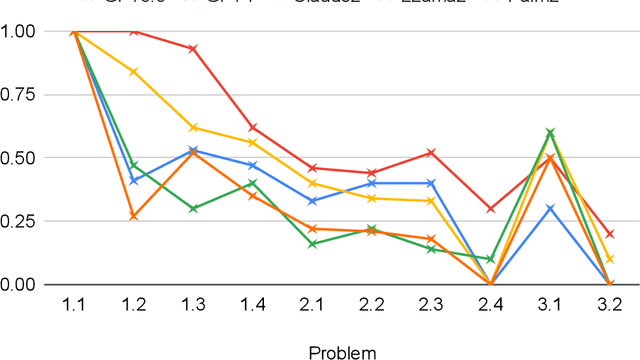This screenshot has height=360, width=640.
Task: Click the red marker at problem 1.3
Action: click(193, 48)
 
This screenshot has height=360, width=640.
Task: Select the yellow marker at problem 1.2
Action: click(134, 72)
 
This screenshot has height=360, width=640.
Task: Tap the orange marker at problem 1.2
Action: click(134, 216)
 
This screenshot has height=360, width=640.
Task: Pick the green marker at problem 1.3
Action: click(193, 208)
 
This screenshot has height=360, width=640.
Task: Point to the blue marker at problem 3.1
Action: click(549, 208)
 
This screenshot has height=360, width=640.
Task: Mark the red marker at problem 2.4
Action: click(490, 208)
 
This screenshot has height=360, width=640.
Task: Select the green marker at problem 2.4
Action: click(490, 259)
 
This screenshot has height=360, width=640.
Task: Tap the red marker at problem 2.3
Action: click(431, 152)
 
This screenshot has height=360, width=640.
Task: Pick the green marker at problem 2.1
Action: click(312, 244)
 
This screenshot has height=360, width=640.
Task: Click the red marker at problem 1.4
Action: click(253, 127)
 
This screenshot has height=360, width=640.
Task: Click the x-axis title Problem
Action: click(342, 351)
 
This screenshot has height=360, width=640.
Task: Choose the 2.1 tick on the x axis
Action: click(312, 306)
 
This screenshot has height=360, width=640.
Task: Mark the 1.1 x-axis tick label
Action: click(74, 306)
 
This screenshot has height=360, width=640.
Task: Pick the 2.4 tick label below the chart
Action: click(490, 306)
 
